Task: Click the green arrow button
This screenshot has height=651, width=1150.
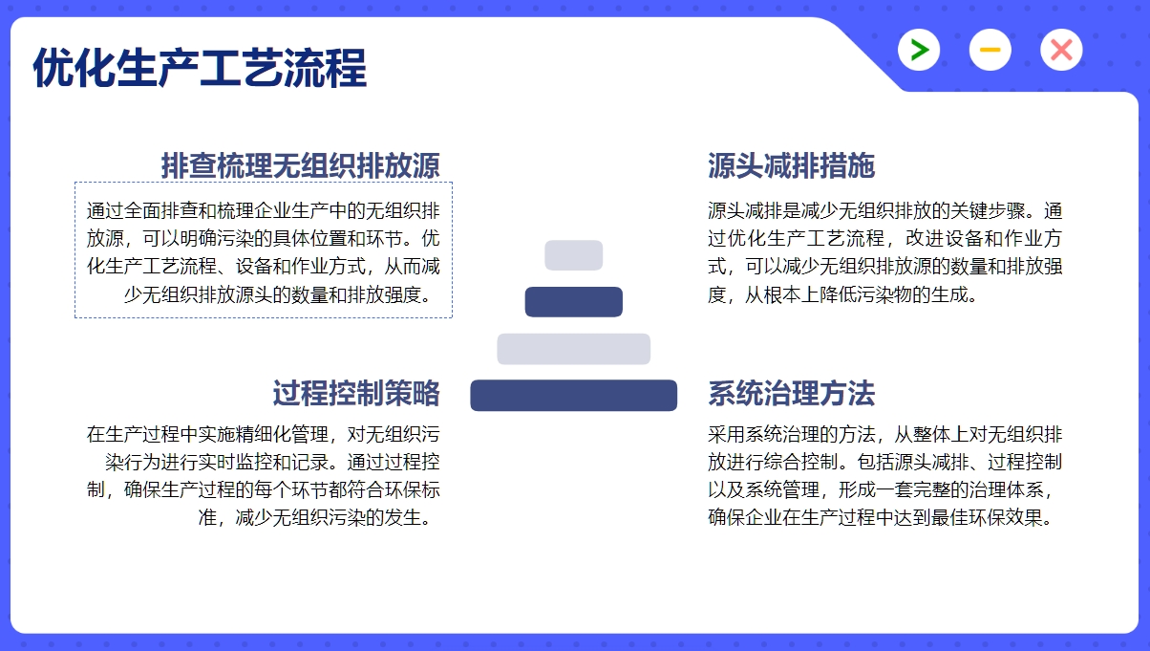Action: (x=919, y=50)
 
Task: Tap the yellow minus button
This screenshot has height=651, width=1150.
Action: (x=990, y=50)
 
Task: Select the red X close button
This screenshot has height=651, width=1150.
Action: (x=1061, y=50)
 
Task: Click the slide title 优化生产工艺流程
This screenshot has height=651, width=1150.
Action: (x=200, y=68)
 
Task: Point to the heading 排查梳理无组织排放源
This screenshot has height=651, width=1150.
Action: (x=300, y=165)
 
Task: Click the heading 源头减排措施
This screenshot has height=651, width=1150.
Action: (x=791, y=165)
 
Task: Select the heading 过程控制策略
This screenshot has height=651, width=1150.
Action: (x=356, y=394)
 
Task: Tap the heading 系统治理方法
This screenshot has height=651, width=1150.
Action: (x=791, y=394)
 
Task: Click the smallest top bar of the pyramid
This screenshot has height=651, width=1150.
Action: (x=573, y=255)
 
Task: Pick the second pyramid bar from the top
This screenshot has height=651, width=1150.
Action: (x=573, y=302)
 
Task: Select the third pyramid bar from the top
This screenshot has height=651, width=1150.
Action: (x=573, y=349)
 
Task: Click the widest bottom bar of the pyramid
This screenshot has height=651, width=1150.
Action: (x=573, y=395)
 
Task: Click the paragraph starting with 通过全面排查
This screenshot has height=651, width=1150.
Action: (x=263, y=252)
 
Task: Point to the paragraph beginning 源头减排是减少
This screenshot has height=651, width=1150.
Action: (x=884, y=252)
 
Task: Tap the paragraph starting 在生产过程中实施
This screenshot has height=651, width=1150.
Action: (x=263, y=476)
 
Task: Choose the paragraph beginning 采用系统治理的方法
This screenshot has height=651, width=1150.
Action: (x=884, y=476)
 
